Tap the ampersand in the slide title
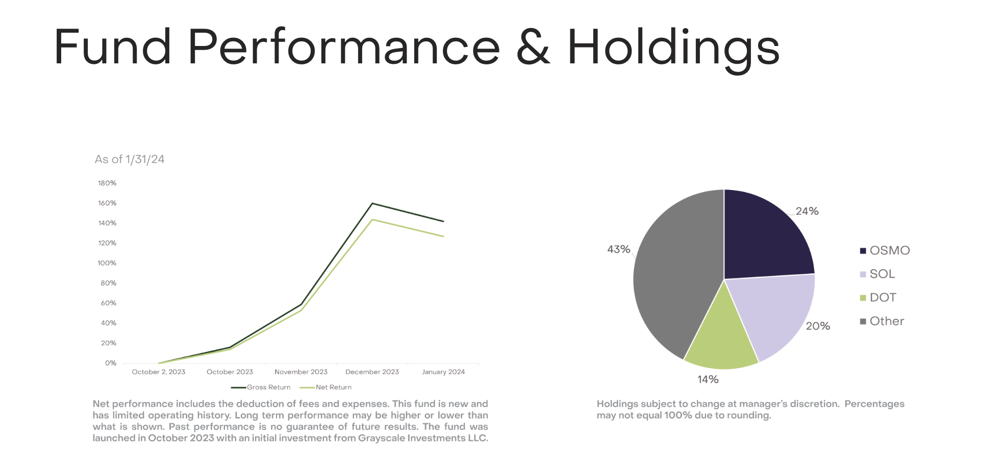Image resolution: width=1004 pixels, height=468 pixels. [533, 47]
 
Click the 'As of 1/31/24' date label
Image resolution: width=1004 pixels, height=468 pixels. [130, 159]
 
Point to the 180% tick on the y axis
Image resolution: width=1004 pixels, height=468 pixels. [107, 183]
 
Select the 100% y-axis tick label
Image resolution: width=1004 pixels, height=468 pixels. [107, 263]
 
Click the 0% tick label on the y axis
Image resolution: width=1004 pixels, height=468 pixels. [111, 363]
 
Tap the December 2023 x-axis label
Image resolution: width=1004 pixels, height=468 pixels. [372, 372]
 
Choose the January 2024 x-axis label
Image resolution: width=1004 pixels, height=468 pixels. [443, 372]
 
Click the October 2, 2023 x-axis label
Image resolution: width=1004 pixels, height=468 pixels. [159, 372]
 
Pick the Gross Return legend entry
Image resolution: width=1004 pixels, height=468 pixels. [261, 387]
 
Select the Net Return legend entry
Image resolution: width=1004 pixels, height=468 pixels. [325, 387]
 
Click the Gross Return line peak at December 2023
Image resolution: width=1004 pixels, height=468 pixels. [372, 203]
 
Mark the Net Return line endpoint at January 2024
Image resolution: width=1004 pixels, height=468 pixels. [443, 236]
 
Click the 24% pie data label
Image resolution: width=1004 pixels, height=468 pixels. [807, 211]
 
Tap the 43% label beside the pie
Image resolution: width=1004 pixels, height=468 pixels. [619, 249]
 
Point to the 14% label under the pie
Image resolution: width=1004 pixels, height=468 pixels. [708, 379]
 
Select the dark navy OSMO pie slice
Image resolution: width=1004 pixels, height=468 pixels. [763, 238]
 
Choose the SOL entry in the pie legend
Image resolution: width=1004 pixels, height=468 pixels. [877, 274]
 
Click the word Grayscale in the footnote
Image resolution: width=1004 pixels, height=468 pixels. [381, 438]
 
